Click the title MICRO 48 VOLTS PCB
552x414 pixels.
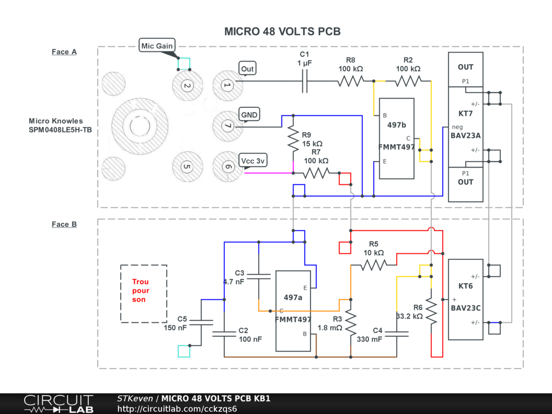[282, 31]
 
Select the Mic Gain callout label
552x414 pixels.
[157, 46]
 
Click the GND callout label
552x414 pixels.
[249, 114]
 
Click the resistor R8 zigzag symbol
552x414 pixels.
[350, 81]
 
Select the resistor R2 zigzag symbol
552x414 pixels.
[408, 81]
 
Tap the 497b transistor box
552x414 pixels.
[396, 139]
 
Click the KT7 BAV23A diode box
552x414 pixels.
[466, 127]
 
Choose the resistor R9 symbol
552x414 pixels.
[293, 140]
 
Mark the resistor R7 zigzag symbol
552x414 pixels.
[316, 173]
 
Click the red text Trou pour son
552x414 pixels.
[141, 291]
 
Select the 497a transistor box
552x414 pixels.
[293, 310]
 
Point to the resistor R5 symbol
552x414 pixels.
[374, 265]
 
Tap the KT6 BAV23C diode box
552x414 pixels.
[466, 299]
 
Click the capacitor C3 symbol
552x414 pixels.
[259, 277]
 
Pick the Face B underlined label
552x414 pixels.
[64, 224]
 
